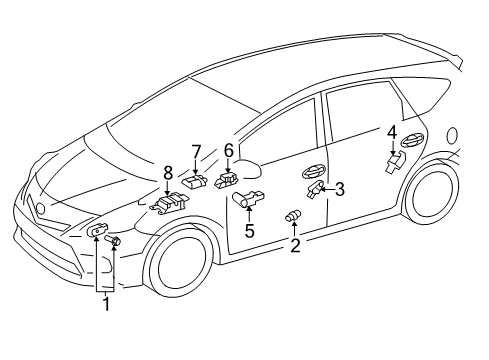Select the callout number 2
point(294,245)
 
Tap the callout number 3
point(340,188)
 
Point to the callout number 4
point(392,132)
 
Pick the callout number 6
point(228,150)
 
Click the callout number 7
point(196,151)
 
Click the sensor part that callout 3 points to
point(316,189)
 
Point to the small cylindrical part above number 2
point(294,217)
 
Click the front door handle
point(315,171)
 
